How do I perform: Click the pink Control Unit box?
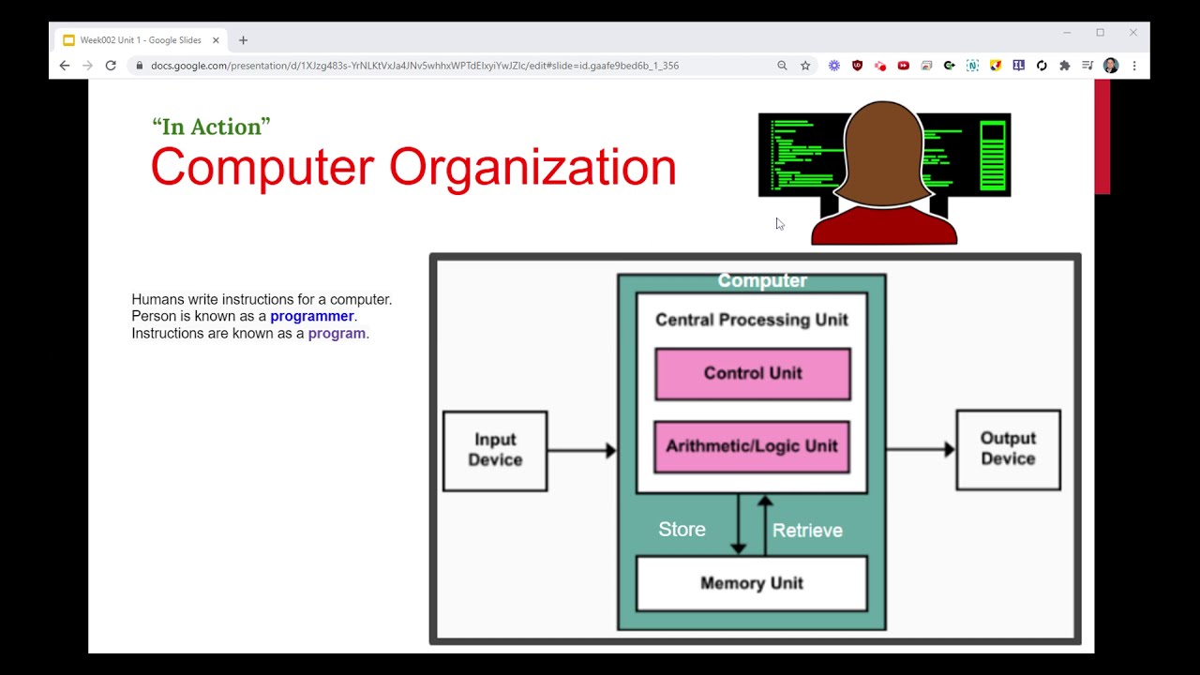(753, 374)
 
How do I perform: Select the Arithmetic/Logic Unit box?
(752, 446)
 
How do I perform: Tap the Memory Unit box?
(752, 583)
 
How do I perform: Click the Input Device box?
(495, 450)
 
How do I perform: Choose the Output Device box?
(1008, 449)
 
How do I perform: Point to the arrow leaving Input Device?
(581, 451)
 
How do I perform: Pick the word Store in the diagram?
(682, 530)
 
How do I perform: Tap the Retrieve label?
(807, 531)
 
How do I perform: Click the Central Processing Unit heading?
(752, 320)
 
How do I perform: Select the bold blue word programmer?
(312, 317)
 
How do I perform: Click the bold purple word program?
(337, 334)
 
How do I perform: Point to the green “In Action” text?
(211, 127)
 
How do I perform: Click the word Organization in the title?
(532, 168)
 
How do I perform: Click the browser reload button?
(111, 66)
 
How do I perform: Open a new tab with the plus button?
(244, 40)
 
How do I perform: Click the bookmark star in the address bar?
(805, 66)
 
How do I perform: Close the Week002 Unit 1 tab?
(216, 40)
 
